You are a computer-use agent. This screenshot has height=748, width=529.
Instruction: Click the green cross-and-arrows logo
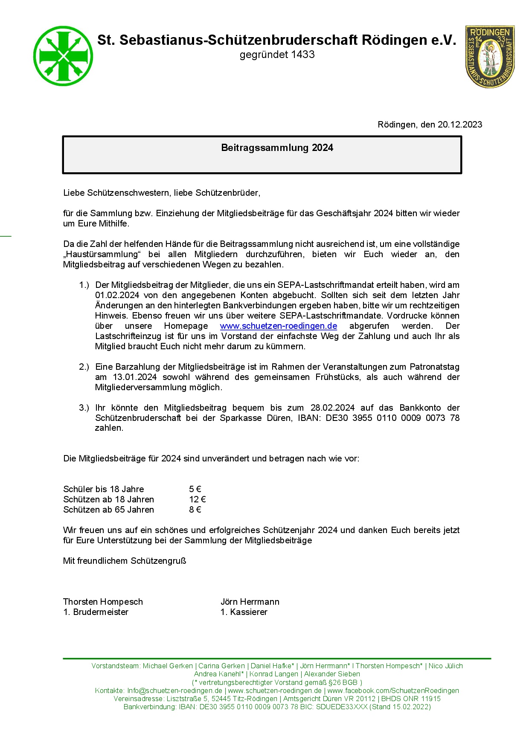(63, 56)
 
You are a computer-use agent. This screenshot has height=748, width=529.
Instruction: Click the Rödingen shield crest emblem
(490, 56)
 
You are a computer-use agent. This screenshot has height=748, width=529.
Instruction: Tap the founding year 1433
(302, 55)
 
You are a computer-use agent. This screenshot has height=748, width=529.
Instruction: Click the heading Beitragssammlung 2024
(277, 148)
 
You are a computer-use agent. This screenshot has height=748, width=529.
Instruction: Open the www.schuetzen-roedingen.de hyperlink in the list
(279, 326)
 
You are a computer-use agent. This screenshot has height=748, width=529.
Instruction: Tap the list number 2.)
(84, 367)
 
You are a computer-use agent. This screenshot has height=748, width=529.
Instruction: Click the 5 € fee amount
(195, 489)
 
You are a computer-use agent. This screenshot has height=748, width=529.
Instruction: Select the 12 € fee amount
(198, 499)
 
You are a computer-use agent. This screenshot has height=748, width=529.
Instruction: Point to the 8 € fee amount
(195, 510)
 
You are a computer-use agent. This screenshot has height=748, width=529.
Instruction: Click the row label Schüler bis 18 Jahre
(104, 489)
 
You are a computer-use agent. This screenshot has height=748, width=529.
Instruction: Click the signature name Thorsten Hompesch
(103, 602)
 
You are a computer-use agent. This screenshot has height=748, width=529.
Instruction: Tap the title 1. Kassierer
(244, 612)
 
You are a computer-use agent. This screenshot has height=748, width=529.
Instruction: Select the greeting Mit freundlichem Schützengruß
(125, 561)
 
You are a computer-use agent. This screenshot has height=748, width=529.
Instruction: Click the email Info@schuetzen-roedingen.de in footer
(174, 690)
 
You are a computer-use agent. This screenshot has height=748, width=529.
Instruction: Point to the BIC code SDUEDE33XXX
(342, 707)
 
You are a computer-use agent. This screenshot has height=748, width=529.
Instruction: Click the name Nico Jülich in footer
(445, 666)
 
